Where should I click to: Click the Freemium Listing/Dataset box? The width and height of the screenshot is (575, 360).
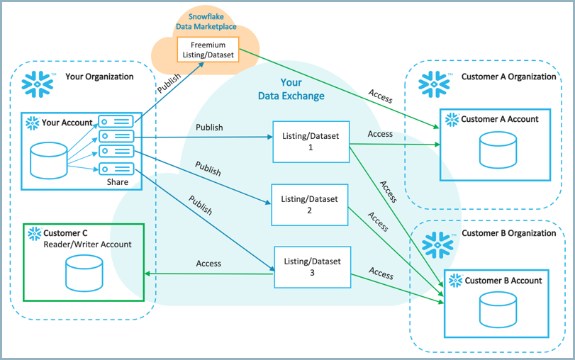point(208,50)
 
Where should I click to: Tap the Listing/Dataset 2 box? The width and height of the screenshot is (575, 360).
point(310,204)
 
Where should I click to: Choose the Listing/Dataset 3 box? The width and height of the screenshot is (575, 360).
point(312,267)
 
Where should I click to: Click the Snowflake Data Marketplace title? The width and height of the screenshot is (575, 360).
point(208,21)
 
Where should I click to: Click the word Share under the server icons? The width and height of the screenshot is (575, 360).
point(118,182)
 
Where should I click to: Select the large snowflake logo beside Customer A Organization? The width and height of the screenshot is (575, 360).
point(434,83)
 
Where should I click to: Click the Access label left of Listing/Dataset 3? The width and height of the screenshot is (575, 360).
point(208,264)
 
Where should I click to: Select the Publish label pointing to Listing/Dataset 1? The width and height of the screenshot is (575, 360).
point(209,128)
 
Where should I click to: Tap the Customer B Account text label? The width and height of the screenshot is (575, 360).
point(503,281)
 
